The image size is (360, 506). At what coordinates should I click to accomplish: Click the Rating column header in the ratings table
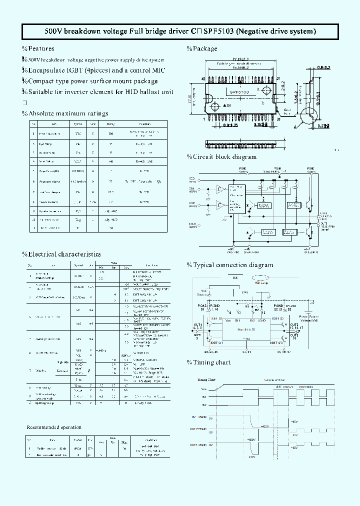(x=110, y=124)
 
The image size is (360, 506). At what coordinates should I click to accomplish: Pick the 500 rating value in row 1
(x=110, y=134)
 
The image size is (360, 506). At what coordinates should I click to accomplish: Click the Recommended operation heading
(x=53, y=427)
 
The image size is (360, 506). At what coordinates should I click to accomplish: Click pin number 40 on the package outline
(x=203, y=79)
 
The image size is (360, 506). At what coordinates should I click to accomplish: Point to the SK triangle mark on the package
(x=227, y=106)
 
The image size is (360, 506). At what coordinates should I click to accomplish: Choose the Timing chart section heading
(x=208, y=362)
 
